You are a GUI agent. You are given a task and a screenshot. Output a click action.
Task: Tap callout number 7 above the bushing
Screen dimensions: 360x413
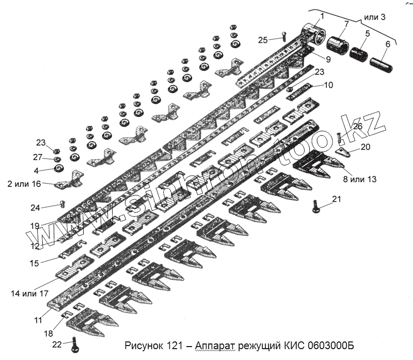345,24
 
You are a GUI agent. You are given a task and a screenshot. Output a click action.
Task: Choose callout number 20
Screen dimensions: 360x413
365,147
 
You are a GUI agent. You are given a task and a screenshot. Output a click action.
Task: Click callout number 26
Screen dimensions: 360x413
357,126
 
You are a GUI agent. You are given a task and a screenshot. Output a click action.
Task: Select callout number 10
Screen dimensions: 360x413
328,85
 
